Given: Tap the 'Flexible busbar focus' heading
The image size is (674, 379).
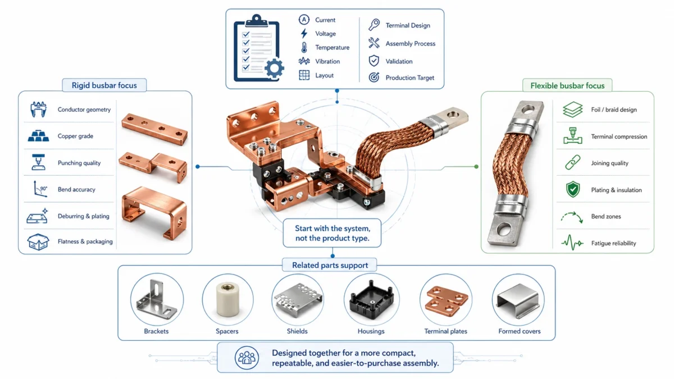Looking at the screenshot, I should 567,86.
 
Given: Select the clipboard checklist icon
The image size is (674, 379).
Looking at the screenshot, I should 257,48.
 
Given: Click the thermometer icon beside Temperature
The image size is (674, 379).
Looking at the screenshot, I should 304,48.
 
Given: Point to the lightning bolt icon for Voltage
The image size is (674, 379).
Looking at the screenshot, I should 304,34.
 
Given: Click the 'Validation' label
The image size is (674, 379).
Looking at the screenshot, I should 399,61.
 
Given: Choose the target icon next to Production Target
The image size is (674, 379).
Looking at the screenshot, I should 374,77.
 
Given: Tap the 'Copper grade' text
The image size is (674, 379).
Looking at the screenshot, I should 75,136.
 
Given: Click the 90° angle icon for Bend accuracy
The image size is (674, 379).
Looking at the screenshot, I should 37,189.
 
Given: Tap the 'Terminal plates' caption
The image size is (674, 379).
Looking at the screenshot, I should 445,331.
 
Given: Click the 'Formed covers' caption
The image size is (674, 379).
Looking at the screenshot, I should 520,331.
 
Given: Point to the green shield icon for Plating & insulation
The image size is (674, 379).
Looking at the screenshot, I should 572,190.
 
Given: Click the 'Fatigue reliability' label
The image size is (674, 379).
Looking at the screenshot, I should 614,244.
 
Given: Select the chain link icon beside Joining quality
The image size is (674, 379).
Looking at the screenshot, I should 572,163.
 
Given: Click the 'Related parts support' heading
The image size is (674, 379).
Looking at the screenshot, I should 330,265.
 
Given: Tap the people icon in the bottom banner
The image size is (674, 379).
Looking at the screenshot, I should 246,358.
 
